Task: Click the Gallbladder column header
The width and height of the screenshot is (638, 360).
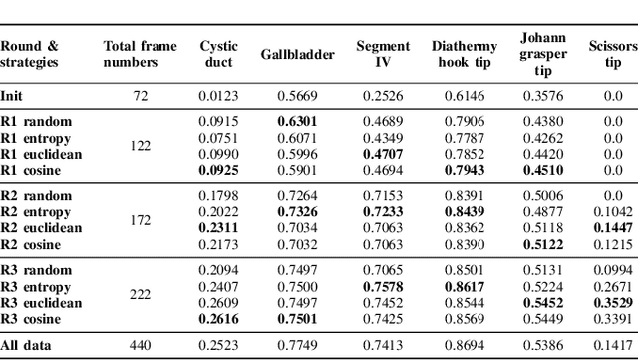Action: (295, 54)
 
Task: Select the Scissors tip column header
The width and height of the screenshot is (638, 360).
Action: (612, 54)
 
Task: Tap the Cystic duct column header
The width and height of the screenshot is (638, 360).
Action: (218, 54)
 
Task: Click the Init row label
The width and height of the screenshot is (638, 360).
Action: (11, 96)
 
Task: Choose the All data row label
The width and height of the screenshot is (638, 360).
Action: (26, 345)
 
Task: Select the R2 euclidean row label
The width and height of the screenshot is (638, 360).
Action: (41, 227)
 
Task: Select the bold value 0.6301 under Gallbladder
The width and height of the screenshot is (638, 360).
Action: (295, 121)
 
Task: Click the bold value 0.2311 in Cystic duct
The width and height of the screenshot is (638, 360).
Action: (218, 227)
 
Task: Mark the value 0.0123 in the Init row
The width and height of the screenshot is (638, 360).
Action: (218, 96)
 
